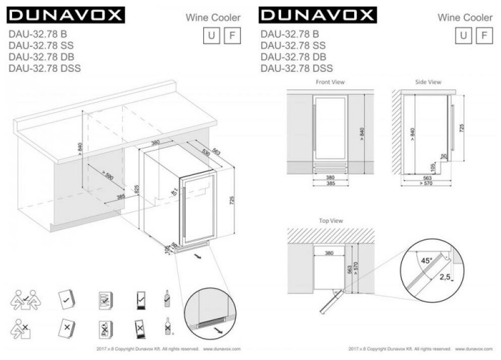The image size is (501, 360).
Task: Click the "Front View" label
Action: (x=330, y=82)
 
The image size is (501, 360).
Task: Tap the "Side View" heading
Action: (x=428, y=82)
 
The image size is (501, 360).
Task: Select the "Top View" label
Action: (x=330, y=220)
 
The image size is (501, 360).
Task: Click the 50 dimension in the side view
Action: (x=444, y=157)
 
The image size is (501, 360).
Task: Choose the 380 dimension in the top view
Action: (x=329, y=253)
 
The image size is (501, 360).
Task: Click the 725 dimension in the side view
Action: (x=462, y=128)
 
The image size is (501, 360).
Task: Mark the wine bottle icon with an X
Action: (x=167, y=328)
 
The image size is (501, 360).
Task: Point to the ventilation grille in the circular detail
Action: (x=211, y=326)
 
